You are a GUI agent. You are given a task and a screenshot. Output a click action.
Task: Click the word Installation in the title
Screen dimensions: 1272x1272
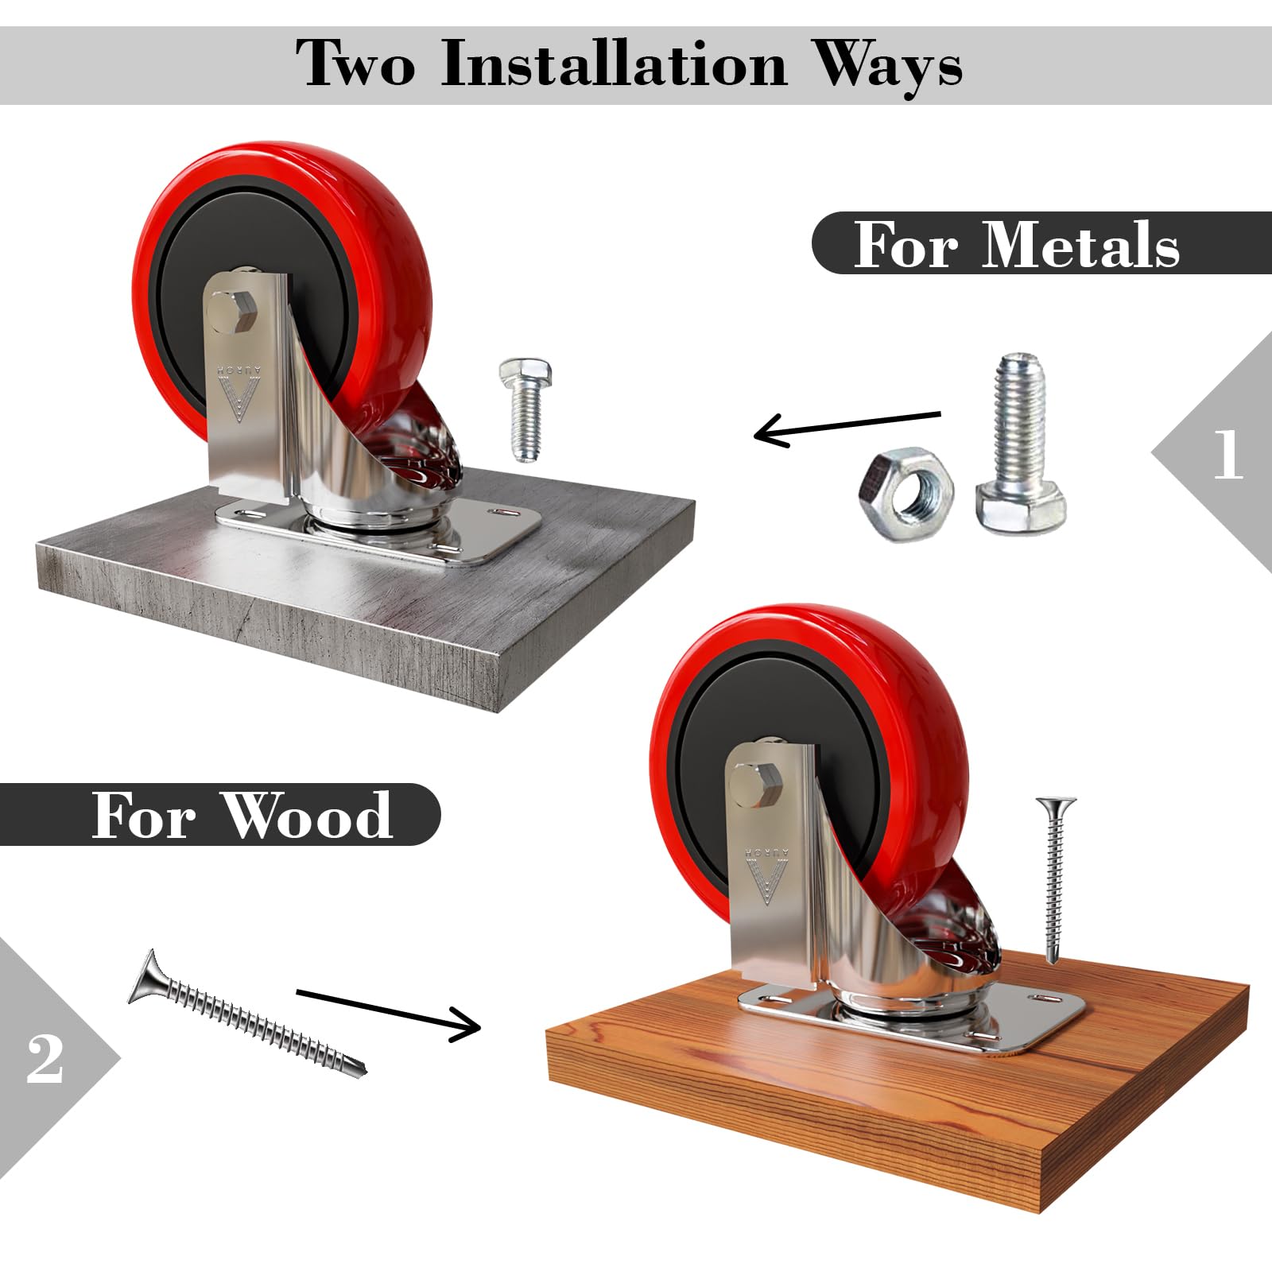(614, 64)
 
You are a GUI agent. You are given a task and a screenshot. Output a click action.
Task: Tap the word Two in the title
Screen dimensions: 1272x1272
(355, 63)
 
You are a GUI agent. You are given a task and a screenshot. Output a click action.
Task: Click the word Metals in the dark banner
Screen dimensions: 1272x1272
(1080, 244)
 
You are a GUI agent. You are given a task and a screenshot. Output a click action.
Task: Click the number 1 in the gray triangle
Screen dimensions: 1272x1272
(1227, 454)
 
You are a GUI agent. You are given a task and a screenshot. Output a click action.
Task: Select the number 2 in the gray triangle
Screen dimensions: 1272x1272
(45, 1059)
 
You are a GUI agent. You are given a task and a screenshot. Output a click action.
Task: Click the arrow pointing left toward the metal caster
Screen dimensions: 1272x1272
(847, 427)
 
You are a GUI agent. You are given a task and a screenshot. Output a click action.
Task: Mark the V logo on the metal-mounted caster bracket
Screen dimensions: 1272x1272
(237, 392)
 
